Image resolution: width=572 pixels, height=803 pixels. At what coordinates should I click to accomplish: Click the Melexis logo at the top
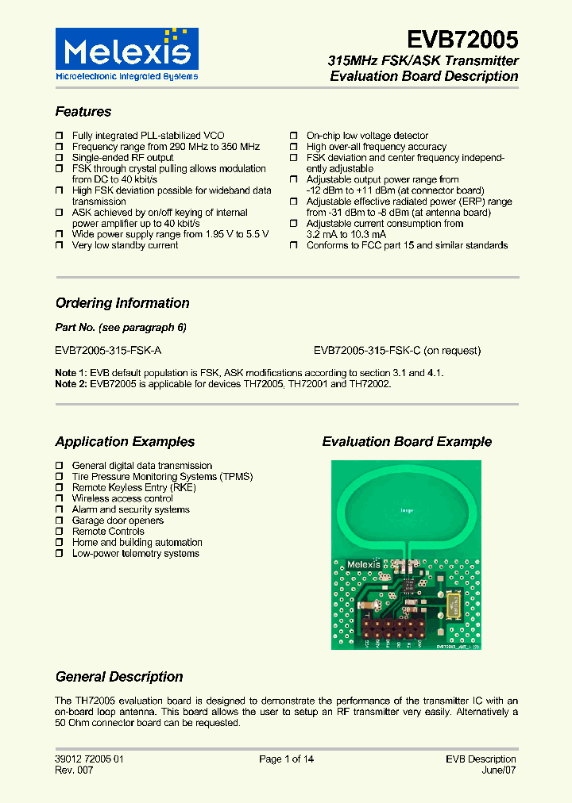click(x=126, y=54)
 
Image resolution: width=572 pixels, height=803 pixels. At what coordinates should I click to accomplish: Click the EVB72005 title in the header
click(x=462, y=40)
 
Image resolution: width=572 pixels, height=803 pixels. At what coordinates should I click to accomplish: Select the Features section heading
click(x=83, y=112)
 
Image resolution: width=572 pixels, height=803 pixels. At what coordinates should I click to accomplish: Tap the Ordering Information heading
click(x=122, y=303)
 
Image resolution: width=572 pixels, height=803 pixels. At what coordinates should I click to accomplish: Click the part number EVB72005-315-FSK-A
click(x=109, y=350)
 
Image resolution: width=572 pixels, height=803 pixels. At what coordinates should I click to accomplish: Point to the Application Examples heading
click(x=125, y=442)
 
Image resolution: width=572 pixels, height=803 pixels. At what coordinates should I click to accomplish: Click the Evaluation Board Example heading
click(x=407, y=442)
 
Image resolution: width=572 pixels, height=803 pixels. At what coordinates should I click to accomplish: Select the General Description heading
click(x=119, y=677)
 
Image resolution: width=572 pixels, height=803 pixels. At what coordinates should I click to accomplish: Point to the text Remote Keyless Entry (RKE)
click(x=133, y=487)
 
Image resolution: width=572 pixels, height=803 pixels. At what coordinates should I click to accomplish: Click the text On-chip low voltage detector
click(x=367, y=136)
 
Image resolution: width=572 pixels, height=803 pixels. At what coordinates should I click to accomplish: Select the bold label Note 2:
click(x=71, y=384)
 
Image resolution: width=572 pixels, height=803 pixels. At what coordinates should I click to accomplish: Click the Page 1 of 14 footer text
click(x=286, y=759)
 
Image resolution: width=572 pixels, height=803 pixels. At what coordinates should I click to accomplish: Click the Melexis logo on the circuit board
click(x=367, y=565)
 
